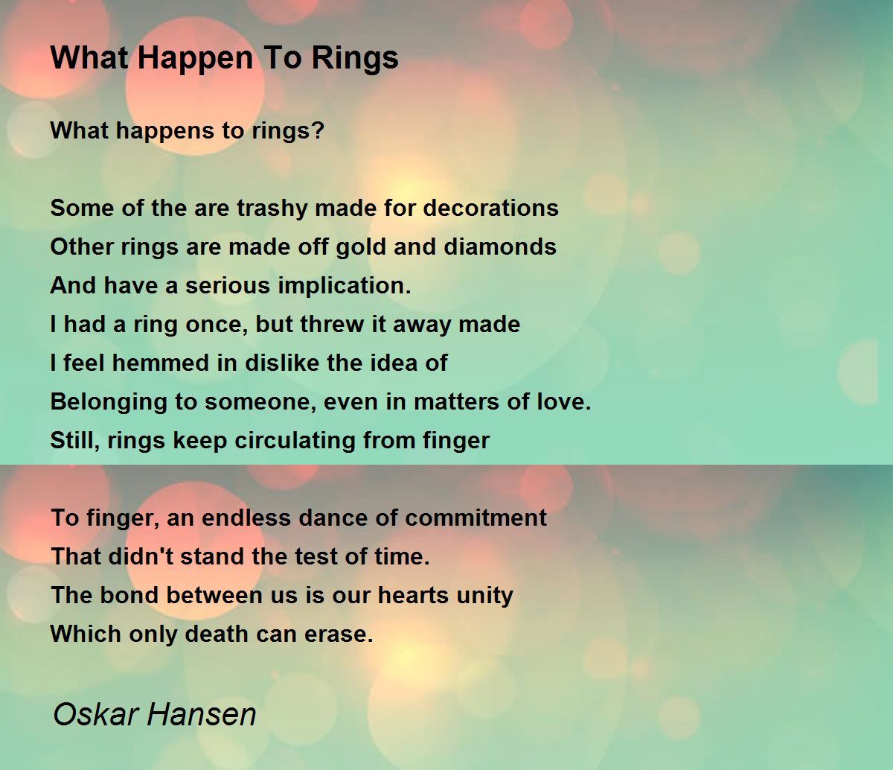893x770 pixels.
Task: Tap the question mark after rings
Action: pyautogui.click(x=319, y=130)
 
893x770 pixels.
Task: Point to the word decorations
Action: pyautogui.click(x=491, y=208)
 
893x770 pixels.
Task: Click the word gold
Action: pyautogui.click(x=359, y=248)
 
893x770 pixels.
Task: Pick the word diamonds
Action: pyautogui.click(x=500, y=246)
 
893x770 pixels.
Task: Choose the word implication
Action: pyautogui.click(x=345, y=286)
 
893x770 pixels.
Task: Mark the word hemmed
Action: pyautogui.click(x=161, y=363)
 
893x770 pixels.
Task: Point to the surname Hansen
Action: pyautogui.click(x=202, y=714)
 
